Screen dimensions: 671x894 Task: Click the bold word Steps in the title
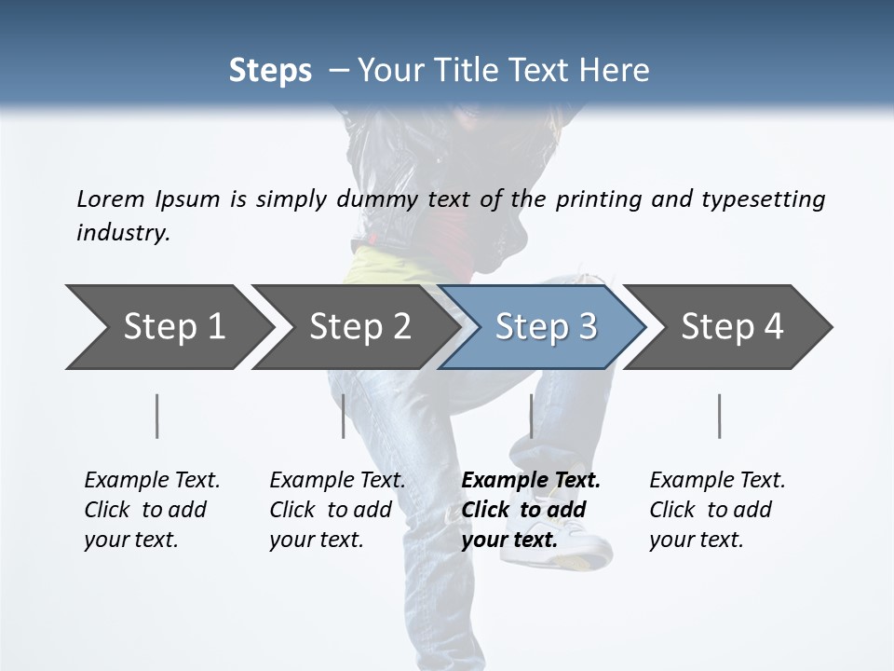click(270, 71)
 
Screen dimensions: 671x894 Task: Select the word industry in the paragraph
click(122, 233)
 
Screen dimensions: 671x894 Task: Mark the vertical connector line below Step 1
click(156, 416)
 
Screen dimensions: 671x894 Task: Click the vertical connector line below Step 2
click(344, 416)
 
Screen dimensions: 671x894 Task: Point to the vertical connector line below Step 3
click(531, 416)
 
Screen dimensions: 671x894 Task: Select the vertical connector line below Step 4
click(719, 416)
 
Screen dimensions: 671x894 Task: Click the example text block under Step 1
click(152, 510)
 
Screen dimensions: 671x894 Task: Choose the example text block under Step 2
click(337, 510)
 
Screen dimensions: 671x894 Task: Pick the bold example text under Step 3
click(531, 510)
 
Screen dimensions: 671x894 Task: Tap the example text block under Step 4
click(717, 510)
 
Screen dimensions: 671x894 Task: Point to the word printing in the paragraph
click(598, 199)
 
